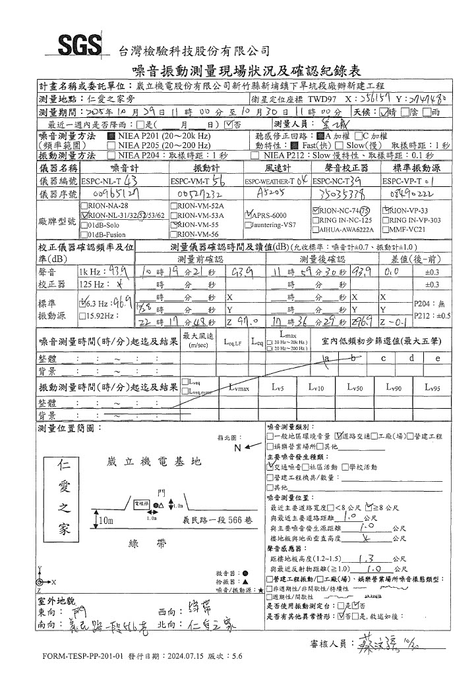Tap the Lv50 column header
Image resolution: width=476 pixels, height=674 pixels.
(x=355, y=388)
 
